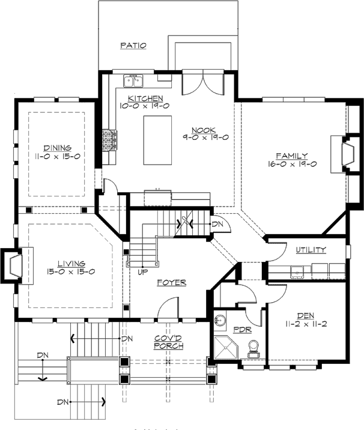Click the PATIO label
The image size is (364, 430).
click(x=133, y=45)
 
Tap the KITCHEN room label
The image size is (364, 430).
click(x=145, y=98)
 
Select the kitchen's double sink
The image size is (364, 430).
click(x=133, y=81)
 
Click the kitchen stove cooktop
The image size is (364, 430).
click(x=109, y=141)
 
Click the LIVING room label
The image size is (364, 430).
click(x=71, y=263)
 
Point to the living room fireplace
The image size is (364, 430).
click(x=15, y=264)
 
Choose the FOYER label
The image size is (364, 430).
click(x=171, y=282)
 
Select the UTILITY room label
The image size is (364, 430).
click(x=311, y=250)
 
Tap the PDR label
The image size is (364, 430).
click(x=241, y=330)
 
